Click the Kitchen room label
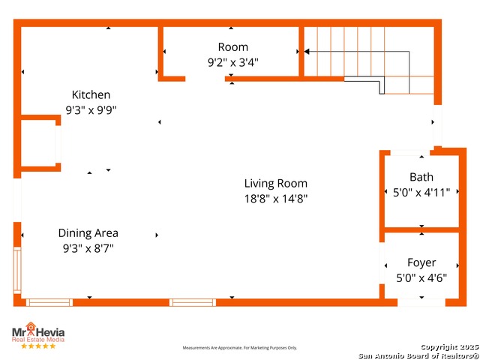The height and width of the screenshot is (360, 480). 91,95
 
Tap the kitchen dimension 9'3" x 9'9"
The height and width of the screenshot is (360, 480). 91,109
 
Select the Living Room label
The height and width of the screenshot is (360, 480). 275,183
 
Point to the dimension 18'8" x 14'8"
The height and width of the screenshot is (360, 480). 275,199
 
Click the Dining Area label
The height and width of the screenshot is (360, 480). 88,233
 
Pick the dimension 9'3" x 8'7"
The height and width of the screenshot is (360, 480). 88,247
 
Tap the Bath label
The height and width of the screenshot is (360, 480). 421,178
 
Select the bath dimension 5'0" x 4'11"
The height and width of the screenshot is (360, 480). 421,192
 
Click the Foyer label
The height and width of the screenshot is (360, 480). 421,262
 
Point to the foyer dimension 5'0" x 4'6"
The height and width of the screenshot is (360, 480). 421,277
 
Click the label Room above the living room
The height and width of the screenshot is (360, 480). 232,47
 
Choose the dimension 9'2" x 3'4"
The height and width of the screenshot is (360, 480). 232,63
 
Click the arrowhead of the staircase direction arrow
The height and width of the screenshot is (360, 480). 307,52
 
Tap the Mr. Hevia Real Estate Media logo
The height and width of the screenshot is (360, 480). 37,333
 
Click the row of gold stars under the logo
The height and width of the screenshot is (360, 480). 37,346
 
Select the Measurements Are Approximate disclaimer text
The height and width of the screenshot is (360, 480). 240,348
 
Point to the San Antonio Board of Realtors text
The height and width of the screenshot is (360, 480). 418,355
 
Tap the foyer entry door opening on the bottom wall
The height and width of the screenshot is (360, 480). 421,302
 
